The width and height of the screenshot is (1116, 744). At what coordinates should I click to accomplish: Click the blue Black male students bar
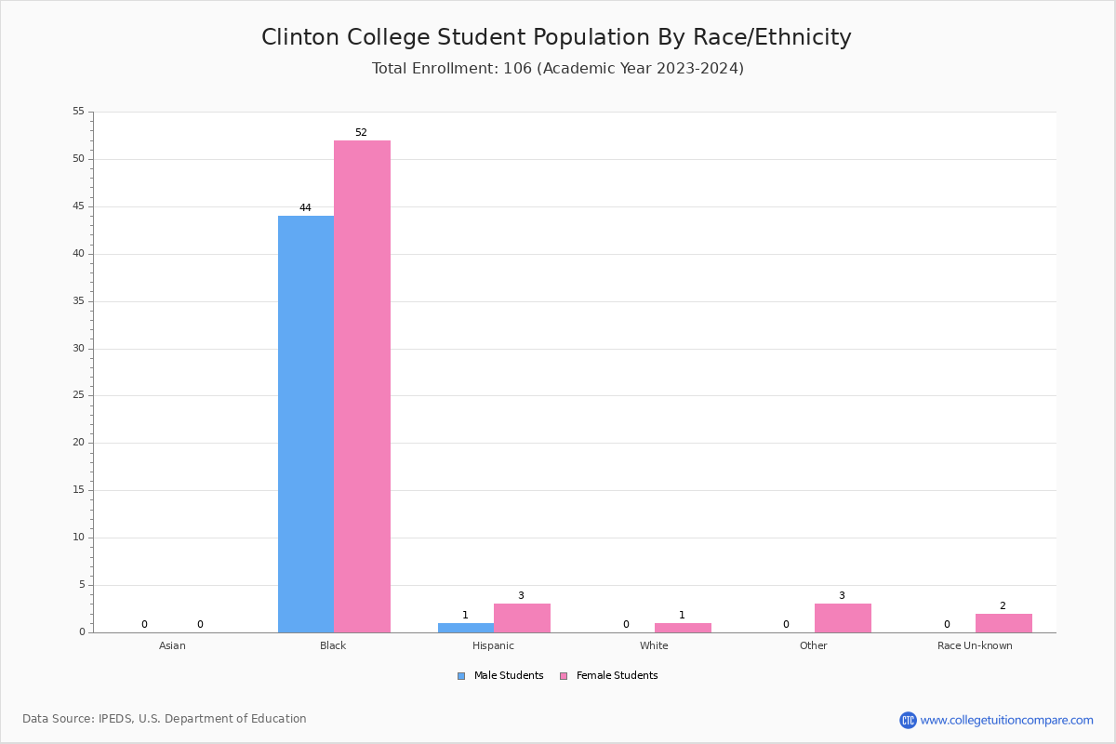306,424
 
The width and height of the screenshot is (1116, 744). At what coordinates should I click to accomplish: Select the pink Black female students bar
362,386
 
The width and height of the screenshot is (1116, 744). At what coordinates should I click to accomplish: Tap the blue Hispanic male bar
466,628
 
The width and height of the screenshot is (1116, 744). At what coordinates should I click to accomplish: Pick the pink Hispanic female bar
522,618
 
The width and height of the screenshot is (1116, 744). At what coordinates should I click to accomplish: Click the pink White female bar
683,628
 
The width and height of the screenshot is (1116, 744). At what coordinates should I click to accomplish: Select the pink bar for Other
843,618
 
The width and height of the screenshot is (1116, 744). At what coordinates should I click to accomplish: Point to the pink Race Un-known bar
1003,623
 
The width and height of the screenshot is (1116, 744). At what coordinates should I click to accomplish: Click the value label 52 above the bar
361,133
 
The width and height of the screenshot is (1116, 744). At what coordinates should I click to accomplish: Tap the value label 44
305,208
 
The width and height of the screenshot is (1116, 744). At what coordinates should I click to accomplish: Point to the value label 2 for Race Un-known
1003,606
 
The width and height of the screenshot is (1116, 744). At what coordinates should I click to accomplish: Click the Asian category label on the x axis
172,645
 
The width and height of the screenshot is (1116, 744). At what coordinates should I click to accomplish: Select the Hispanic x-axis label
493,645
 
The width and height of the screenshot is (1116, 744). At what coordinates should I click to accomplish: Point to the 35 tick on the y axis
78,301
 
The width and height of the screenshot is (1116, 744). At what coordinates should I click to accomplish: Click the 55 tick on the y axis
78,112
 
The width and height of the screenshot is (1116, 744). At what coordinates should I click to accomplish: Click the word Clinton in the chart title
300,37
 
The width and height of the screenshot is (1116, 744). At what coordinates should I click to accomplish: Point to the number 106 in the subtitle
518,68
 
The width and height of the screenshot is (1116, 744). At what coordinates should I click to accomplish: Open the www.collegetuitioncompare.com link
1006,720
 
